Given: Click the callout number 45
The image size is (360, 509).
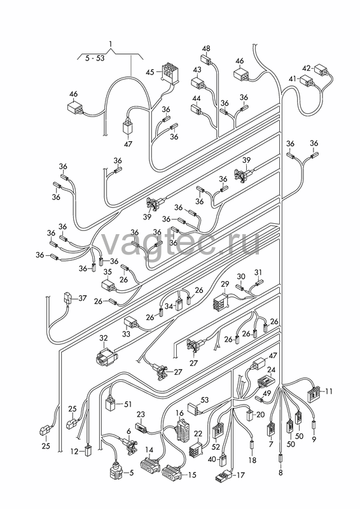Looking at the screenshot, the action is [x=150, y=72].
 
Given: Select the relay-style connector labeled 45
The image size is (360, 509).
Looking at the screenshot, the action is [x=169, y=72].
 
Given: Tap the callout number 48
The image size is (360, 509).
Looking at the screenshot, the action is [x=206, y=49].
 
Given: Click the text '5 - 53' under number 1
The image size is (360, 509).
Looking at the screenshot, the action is [x=95, y=59].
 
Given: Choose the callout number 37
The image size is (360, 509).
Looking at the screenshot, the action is [x=83, y=298].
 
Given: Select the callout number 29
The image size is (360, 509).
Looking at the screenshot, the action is [x=225, y=284].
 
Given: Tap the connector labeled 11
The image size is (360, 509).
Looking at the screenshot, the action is [x=314, y=393].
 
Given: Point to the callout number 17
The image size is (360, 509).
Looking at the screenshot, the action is [x=240, y=475].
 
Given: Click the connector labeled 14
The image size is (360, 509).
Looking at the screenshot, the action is [x=150, y=466].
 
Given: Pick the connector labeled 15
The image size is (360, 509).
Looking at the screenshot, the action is [x=172, y=473].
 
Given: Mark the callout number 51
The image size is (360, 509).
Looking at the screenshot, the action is [x=128, y=404].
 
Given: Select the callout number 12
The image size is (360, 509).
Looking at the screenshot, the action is [x=74, y=451].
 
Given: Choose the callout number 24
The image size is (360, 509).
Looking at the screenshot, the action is [x=272, y=370].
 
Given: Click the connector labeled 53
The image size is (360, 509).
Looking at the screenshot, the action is [x=196, y=408].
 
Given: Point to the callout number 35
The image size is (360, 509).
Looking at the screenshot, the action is [x=107, y=272].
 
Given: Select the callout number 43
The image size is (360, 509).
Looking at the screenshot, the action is [x=197, y=70].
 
